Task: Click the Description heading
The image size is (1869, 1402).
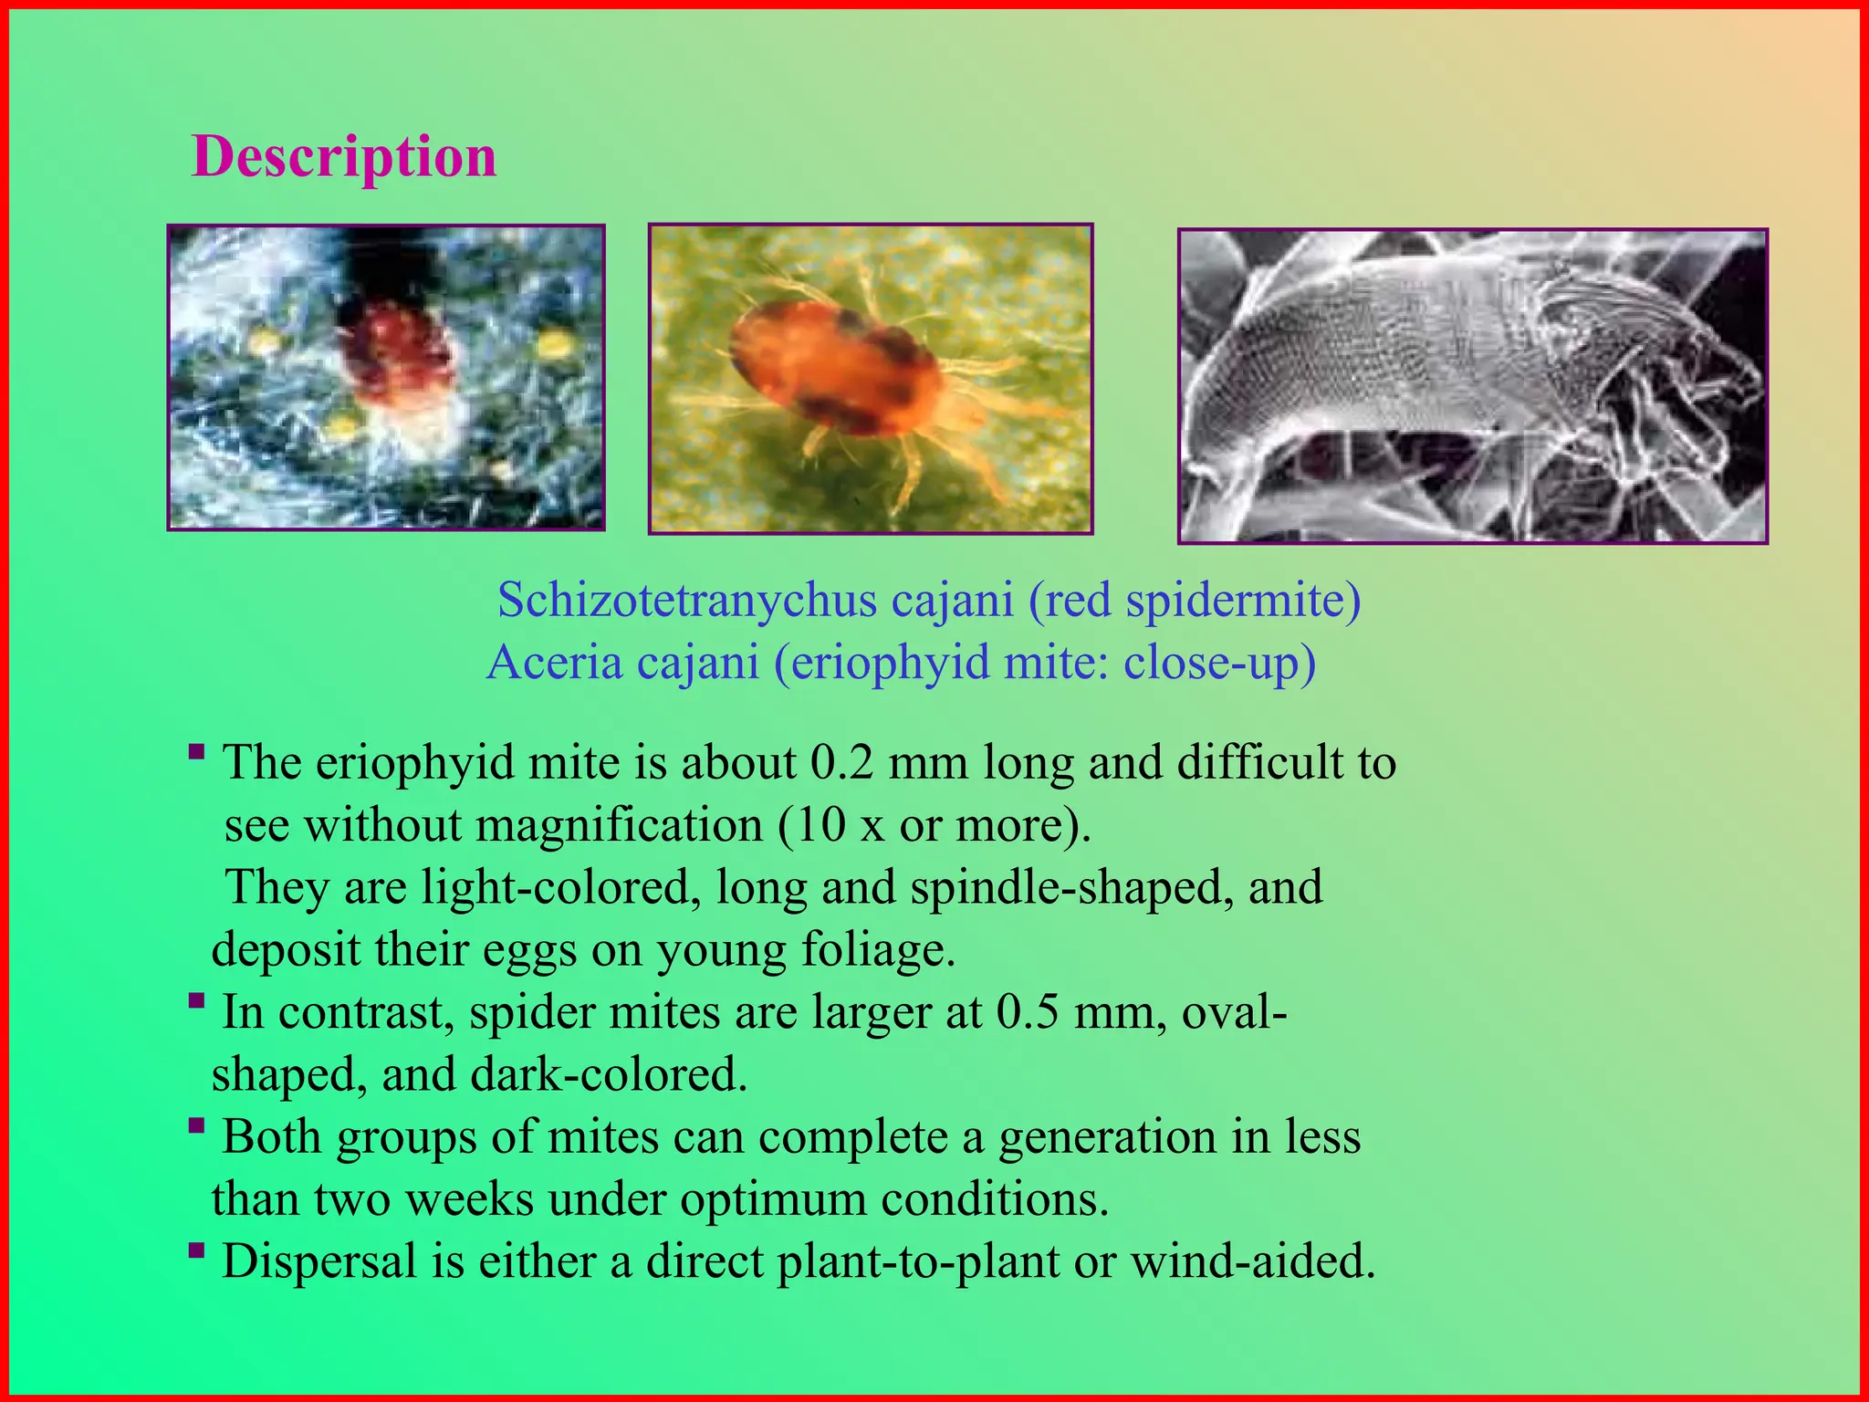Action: [x=344, y=156]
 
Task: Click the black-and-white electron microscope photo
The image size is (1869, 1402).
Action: [x=1472, y=386]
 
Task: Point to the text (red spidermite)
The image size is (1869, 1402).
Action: [x=1195, y=601]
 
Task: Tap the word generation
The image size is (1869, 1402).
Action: [x=1107, y=1137]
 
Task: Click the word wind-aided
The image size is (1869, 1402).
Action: [x=1252, y=1261]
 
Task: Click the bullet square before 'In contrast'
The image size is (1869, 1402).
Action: [x=196, y=1001]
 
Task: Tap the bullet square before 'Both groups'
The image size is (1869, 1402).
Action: [x=196, y=1126]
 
